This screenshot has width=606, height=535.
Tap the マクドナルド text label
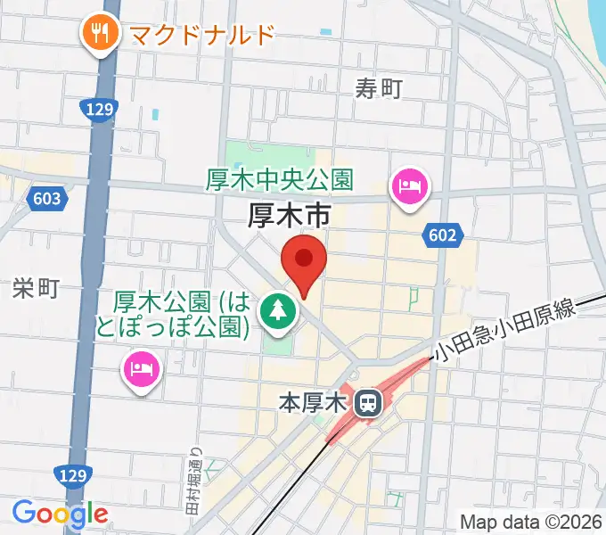click(201, 35)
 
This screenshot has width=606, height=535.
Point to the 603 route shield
click(45, 198)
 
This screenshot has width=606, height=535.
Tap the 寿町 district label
click(379, 88)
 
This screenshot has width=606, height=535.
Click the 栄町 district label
click(36, 288)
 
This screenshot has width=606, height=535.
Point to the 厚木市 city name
click(289, 217)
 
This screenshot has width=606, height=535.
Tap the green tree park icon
click(278, 311)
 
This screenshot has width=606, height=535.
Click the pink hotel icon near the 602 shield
click(411, 187)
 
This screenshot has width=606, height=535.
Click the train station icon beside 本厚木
click(365, 404)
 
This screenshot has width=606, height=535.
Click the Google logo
click(60, 513)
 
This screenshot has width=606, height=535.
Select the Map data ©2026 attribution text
click(529, 521)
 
